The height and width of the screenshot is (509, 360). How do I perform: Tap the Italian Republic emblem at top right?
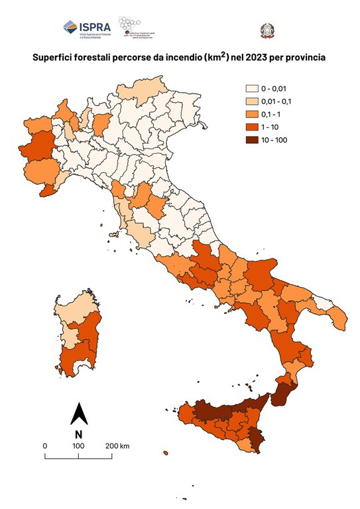(267, 30)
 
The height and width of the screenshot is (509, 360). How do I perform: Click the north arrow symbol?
(78, 414)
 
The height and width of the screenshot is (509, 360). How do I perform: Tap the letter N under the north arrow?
(78, 434)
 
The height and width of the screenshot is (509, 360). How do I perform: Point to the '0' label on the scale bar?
(45, 445)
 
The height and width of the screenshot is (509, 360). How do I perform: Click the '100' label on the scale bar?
(78, 445)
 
